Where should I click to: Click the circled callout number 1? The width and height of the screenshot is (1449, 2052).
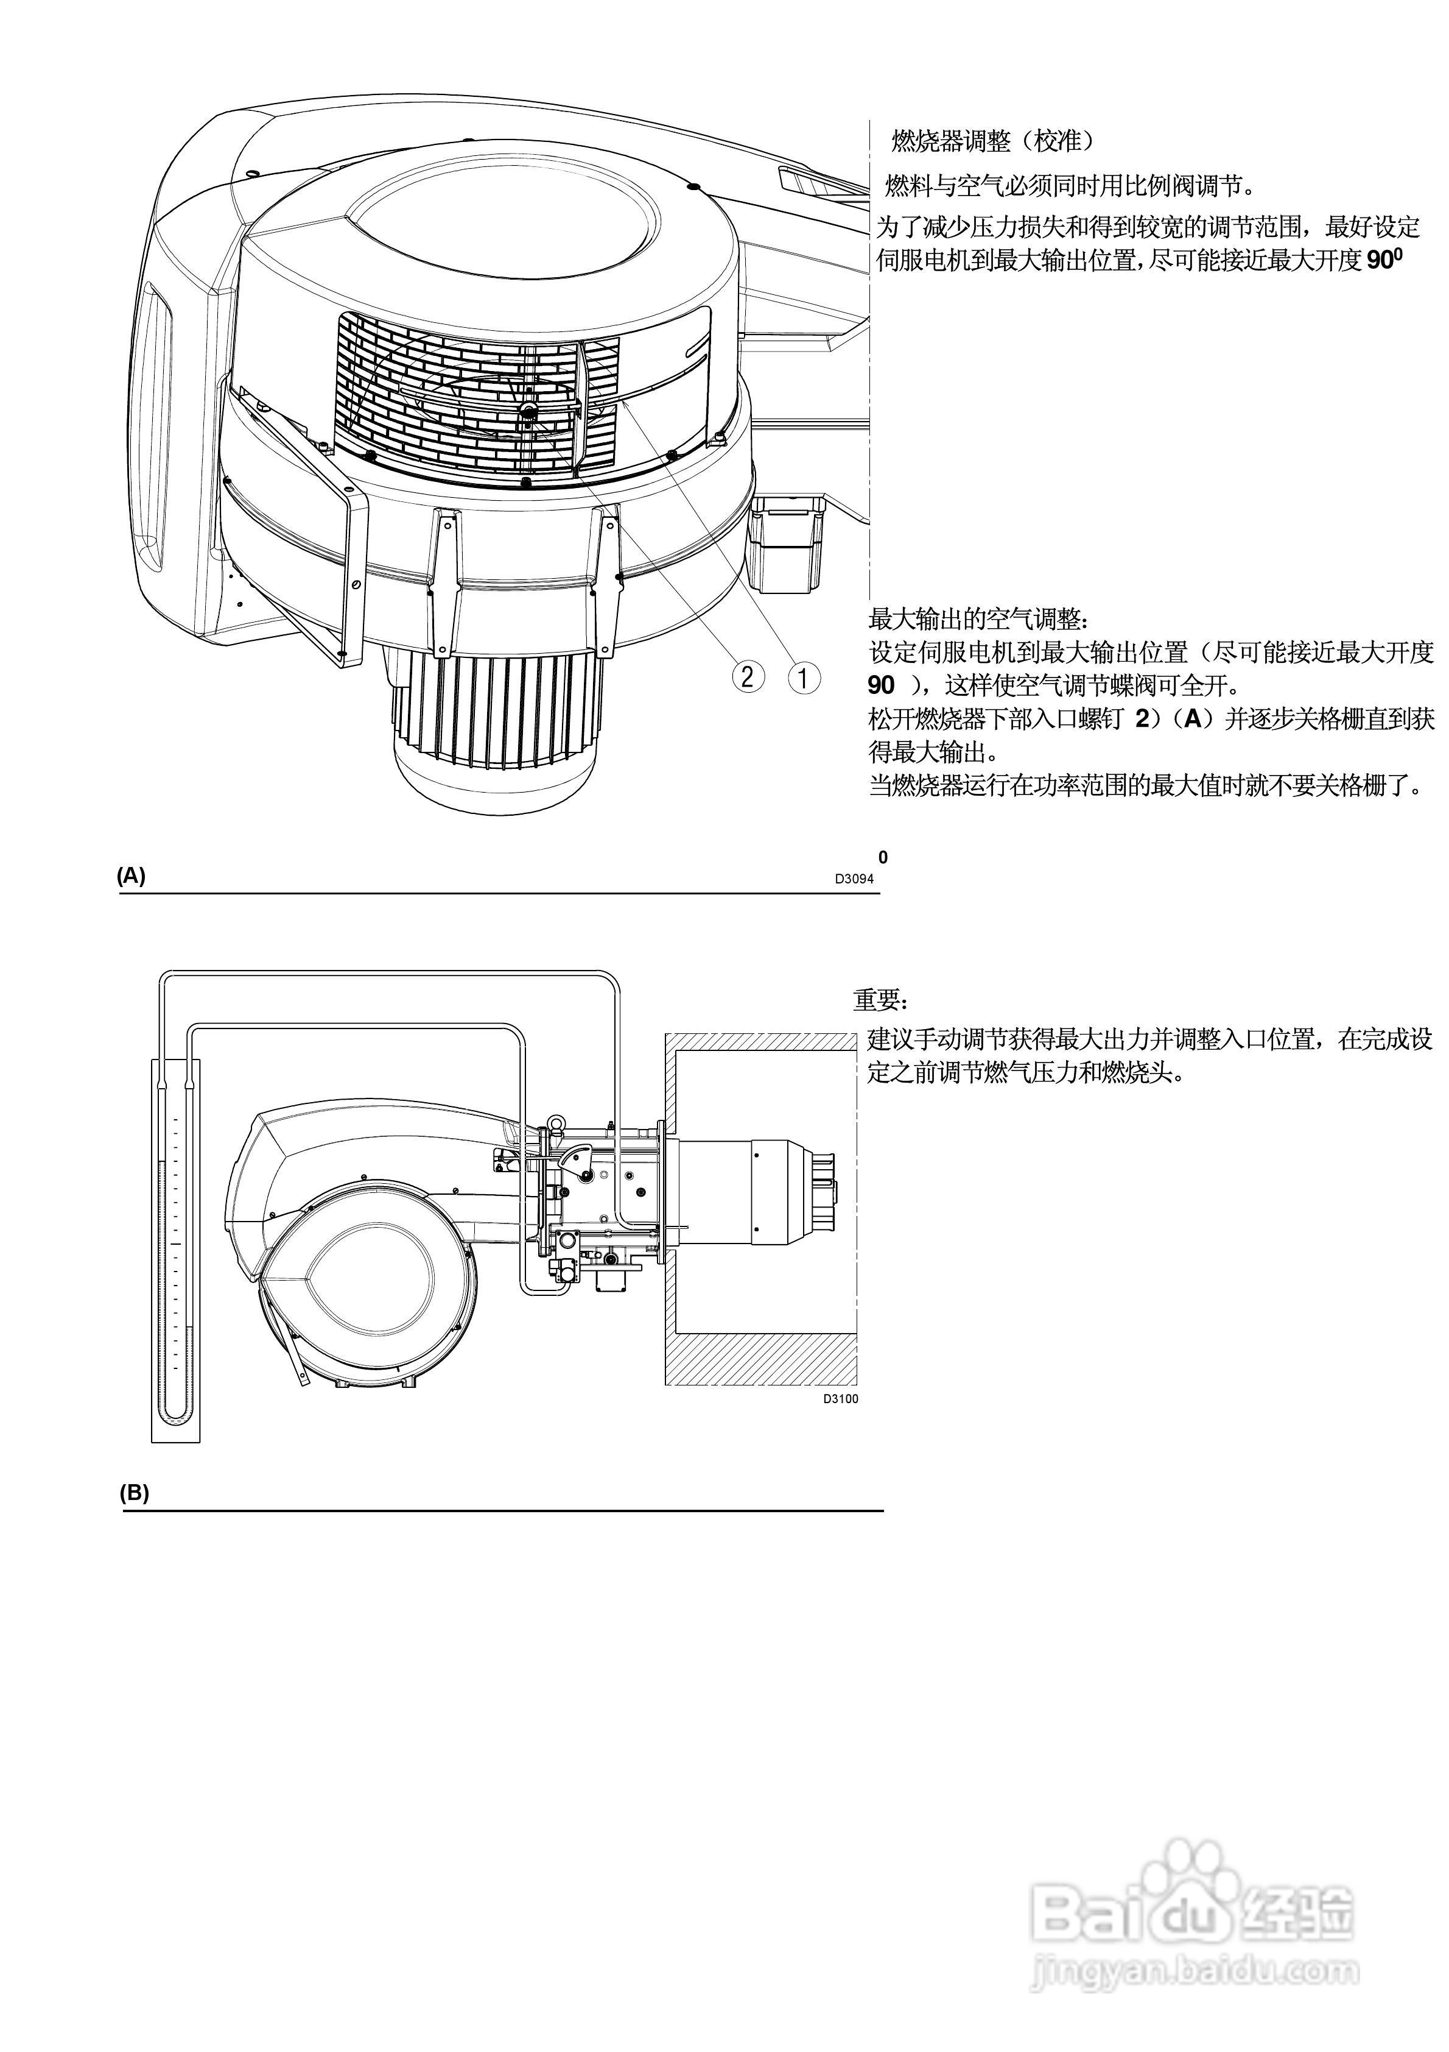pyautogui.click(x=803, y=678)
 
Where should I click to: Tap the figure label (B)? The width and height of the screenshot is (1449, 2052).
pyautogui.click(x=134, y=1493)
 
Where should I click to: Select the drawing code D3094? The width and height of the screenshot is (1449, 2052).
pyautogui.click(x=854, y=879)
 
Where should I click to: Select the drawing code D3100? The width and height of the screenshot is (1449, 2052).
pyautogui.click(x=840, y=1399)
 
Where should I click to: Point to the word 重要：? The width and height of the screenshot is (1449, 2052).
pyautogui.click(x=880, y=1000)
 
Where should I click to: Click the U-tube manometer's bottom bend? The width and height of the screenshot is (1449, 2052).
pyautogui.click(x=176, y=1416)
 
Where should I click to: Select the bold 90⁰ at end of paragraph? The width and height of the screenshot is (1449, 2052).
pyautogui.click(x=1384, y=261)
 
